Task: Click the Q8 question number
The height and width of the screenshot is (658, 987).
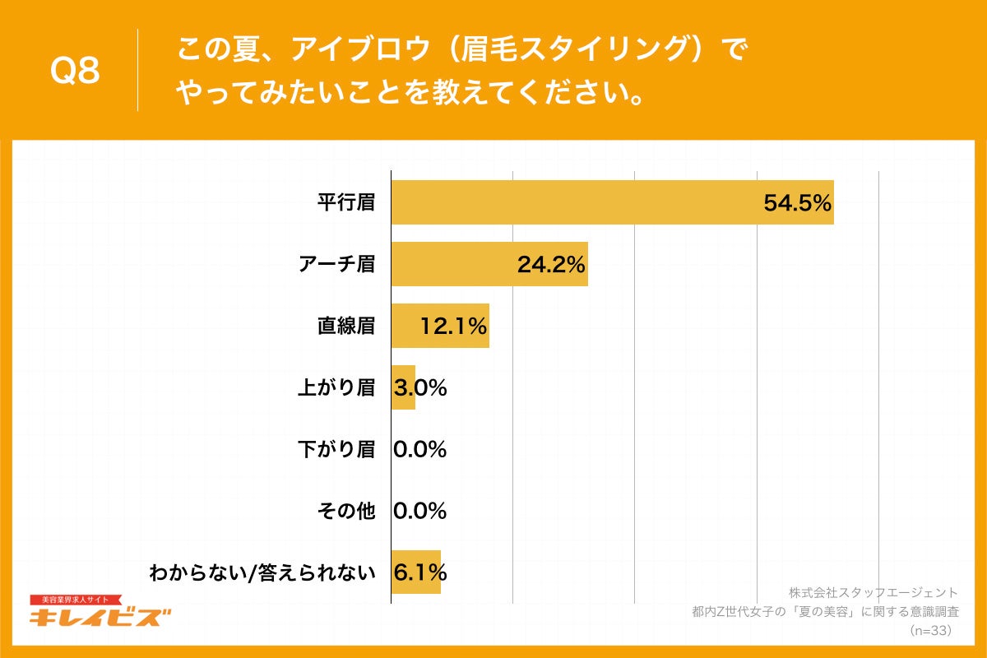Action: [x=75, y=71]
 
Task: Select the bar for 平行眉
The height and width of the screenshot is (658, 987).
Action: [x=576, y=202]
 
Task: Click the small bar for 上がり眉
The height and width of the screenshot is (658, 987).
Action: [x=403, y=387]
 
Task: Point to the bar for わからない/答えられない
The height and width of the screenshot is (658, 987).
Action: [x=416, y=572]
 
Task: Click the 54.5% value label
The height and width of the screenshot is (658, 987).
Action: [x=798, y=203]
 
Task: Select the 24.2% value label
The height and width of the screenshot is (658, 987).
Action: [x=551, y=265]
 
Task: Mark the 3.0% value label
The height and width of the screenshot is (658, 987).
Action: [x=420, y=388]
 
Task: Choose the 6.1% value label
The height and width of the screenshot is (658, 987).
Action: [x=420, y=572]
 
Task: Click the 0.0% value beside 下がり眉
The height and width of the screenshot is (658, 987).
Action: [x=420, y=450]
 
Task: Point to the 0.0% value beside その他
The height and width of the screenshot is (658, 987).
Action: [x=420, y=512]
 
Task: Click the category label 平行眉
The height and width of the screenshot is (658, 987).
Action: [x=346, y=202]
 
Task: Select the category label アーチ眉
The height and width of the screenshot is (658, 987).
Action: [x=337, y=264]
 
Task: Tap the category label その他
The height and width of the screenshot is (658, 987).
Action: [x=346, y=512]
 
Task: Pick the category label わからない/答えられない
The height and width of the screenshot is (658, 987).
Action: [x=262, y=572]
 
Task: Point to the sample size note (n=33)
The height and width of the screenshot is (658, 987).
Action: [x=929, y=631]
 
